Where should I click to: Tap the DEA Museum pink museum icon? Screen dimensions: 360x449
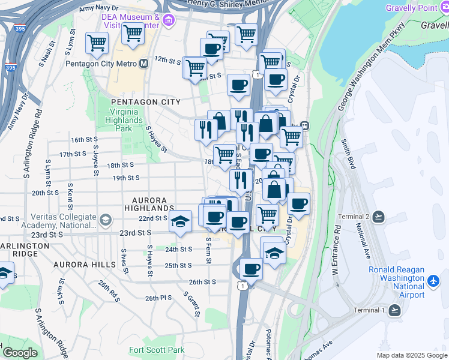click(x=168, y=22)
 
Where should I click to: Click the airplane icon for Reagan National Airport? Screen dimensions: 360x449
click(x=434, y=280)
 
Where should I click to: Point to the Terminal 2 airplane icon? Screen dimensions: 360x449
click(x=378, y=217)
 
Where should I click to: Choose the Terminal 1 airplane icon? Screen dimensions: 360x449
click(x=394, y=310)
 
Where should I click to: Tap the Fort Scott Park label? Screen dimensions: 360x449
click(x=157, y=350)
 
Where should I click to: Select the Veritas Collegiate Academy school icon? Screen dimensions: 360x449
click(x=106, y=220)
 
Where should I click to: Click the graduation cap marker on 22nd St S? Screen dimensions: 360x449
click(x=180, y=221)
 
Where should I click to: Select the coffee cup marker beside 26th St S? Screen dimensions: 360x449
click(x=250, y=269)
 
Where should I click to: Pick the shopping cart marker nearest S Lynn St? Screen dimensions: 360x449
click(x=97, y=43)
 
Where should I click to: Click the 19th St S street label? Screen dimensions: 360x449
click(x=126, y=178)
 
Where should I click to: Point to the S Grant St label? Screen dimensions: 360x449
click(x=192, y=304)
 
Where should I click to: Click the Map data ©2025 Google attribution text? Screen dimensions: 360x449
click(x=411, y=355)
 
